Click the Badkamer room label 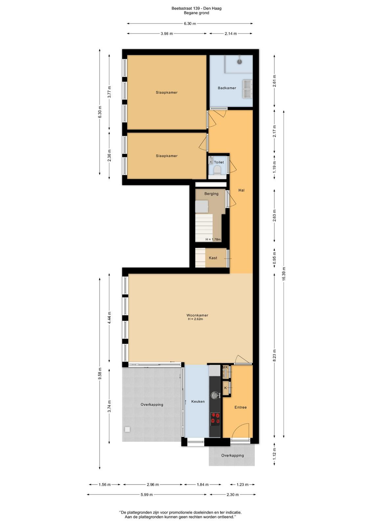(x=227, y=88)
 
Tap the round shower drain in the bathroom (x=239, y=62)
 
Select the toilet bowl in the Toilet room (x=217, y=169)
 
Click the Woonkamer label (x=197, y=315)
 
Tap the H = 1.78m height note (x=213, y=240)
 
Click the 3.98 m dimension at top (x=167, y=34)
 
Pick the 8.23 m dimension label (x=274, y=356)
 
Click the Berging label (x=211, y=194)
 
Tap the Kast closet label (x=213, y=258)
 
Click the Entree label (x=241, y=407)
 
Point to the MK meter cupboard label (x=225, y=367)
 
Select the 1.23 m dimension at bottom (x=242, y=485)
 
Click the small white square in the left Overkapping (x=127, y=429)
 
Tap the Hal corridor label (x=241, y=190)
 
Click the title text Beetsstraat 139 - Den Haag (x=197, y=9)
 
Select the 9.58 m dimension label (x=100, y=373)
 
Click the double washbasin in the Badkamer (x=247, y=89)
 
